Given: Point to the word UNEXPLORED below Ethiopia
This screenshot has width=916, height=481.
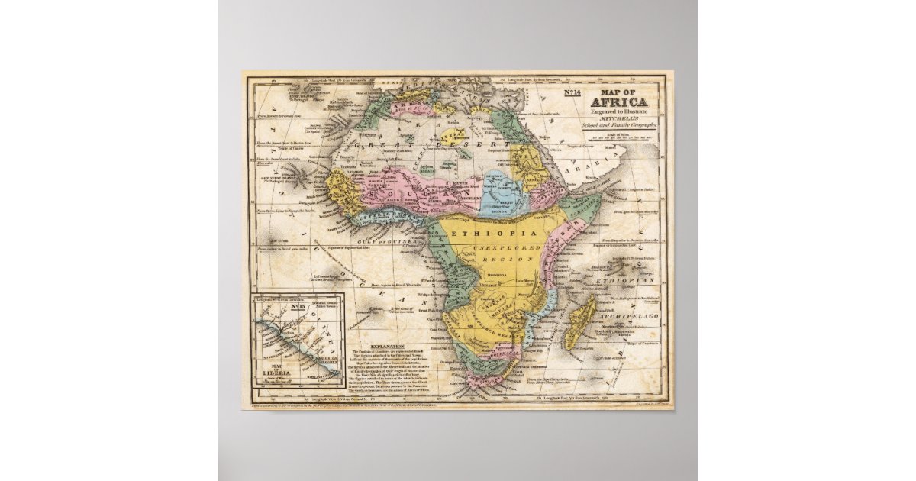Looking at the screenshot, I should (505, 247).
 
